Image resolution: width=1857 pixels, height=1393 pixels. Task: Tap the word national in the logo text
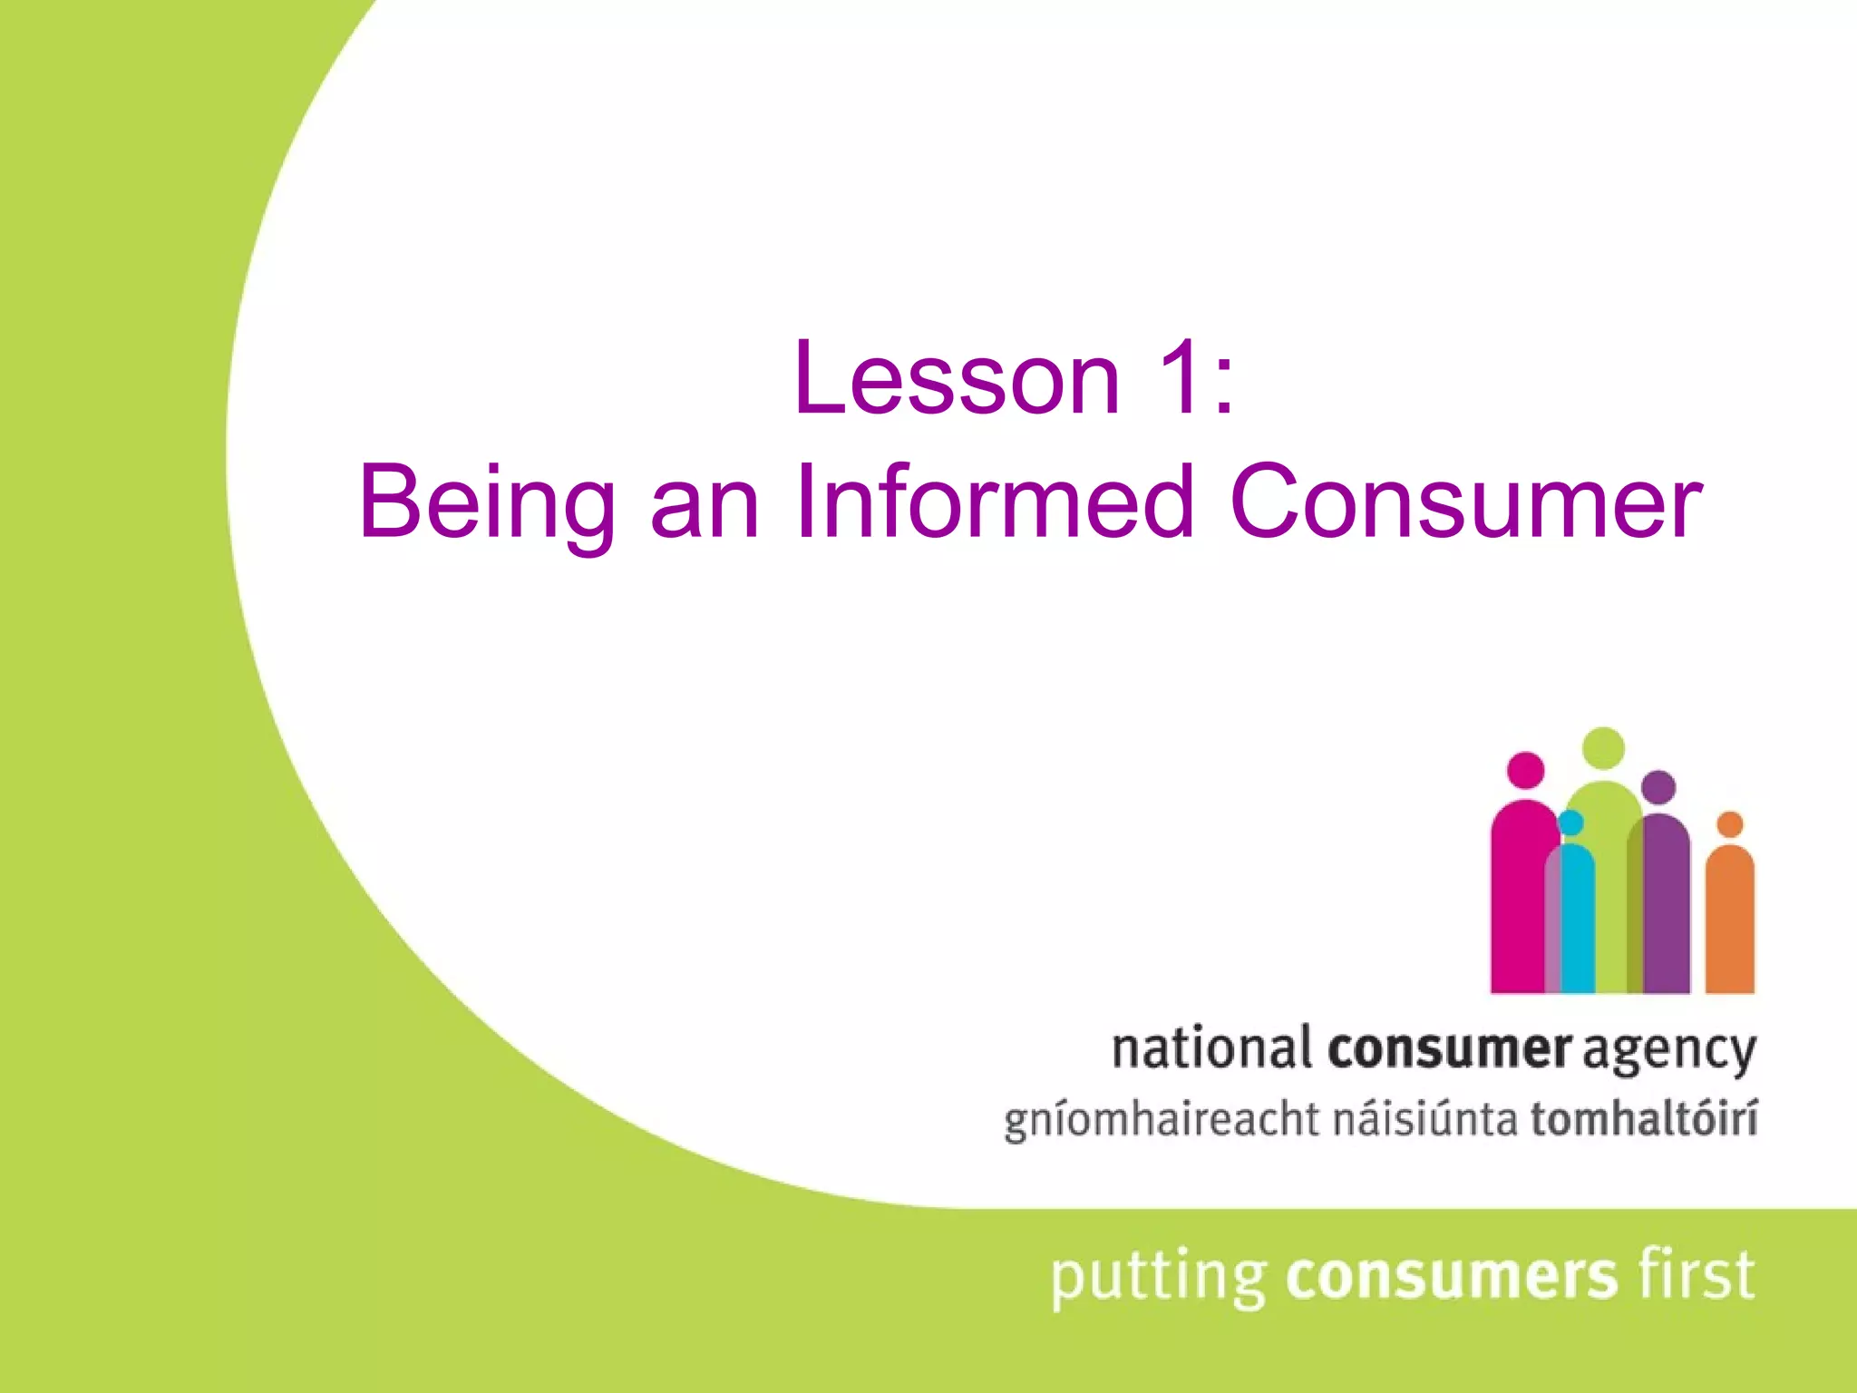click(1211, 1049)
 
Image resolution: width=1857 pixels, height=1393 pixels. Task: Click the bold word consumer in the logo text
click(1449, 1049)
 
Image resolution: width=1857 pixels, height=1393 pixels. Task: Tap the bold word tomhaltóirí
click(1644, 1117)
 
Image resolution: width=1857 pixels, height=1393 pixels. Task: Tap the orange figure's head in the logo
click(1730, 824)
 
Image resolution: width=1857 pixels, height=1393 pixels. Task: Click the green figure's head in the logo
click(1603, 747)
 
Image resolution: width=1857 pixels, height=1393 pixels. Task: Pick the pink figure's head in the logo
click(1526, 771)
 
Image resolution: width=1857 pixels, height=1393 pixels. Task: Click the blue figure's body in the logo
click(1578, 921)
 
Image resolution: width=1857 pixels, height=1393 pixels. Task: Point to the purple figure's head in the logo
click(1658, 787)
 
